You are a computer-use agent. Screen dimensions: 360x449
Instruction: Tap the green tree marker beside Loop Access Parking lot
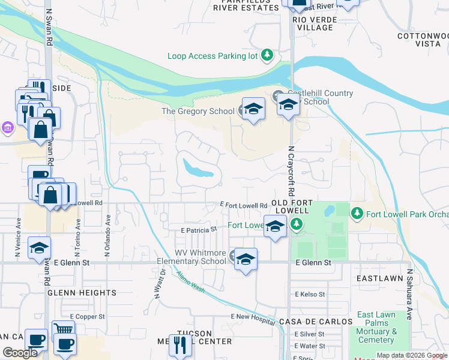268,56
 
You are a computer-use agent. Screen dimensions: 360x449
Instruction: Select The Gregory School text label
197,111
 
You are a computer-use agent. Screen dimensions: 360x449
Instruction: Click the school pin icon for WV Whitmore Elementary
246,259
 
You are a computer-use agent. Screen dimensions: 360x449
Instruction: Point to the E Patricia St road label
198,230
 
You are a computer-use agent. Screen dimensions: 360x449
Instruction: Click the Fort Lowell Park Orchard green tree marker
357,214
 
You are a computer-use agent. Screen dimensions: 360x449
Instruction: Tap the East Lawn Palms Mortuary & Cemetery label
376,328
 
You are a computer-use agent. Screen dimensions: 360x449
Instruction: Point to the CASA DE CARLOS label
315,322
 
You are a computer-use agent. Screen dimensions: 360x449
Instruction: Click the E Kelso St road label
310,295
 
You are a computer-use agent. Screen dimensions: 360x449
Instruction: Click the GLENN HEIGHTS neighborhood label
82,293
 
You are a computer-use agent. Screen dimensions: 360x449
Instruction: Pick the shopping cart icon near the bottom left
63,330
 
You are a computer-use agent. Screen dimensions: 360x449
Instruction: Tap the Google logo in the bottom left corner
20,353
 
